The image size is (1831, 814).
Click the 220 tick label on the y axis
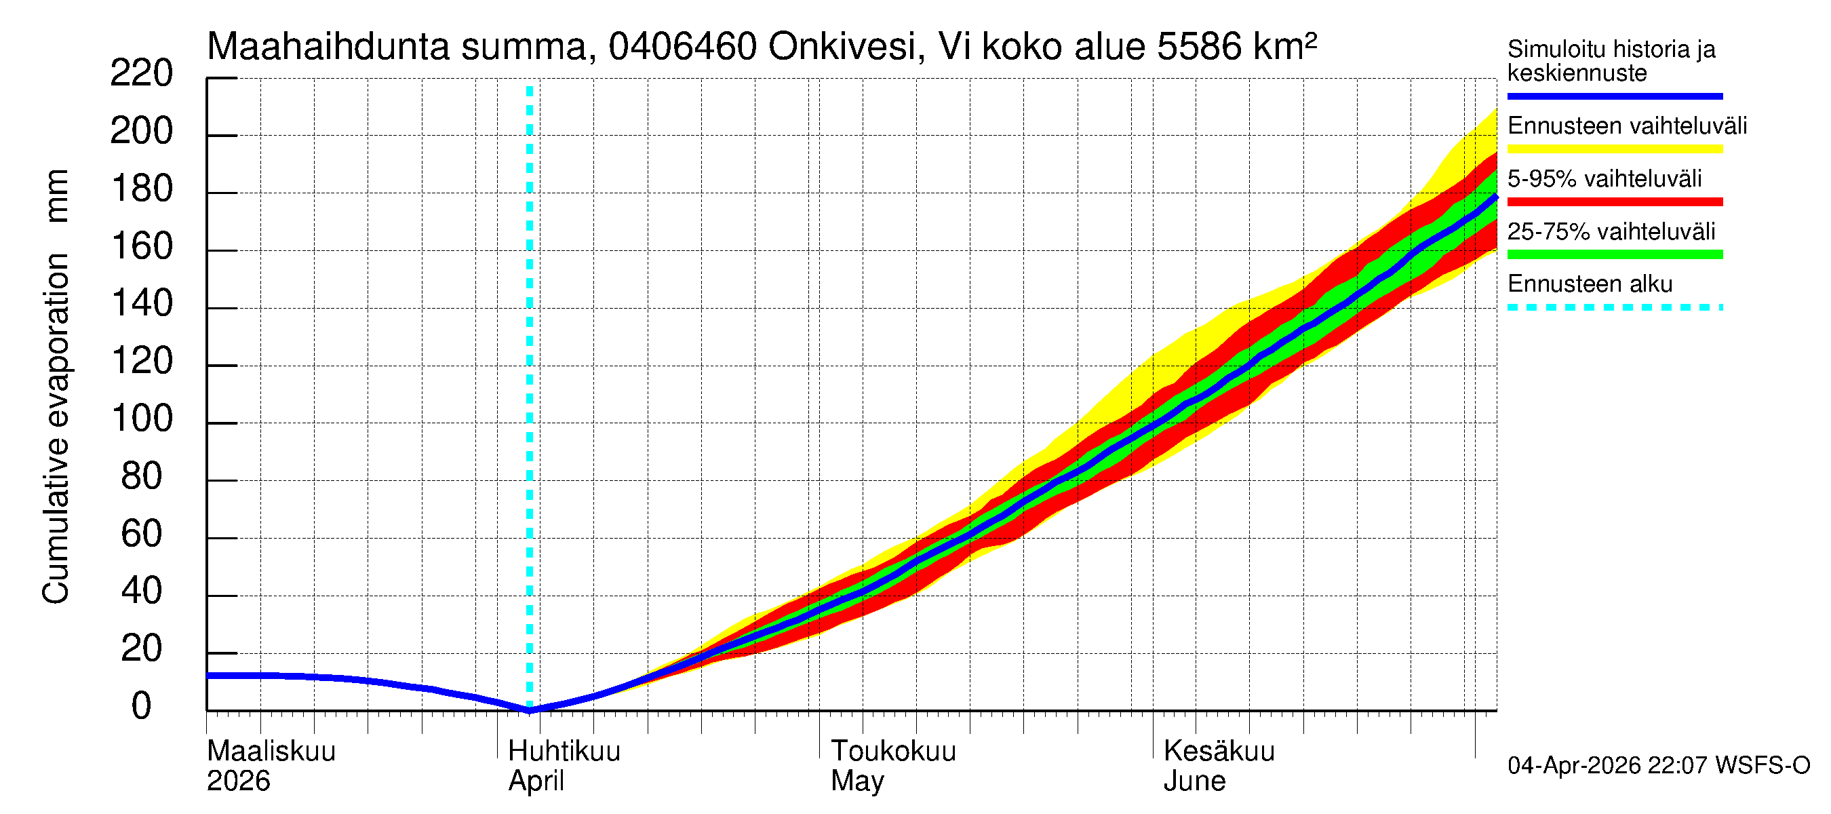point(141,73)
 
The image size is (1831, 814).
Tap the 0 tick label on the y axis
point(142,706)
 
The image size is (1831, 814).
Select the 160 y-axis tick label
point(142,246)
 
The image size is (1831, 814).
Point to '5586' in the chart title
point(1198,47)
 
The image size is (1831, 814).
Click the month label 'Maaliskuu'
point(271,751)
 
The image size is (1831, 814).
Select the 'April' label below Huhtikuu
point(536,781)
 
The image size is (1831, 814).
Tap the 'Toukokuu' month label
point(894,751)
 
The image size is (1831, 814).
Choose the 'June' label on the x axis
point(1194,781)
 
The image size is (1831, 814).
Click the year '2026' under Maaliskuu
point(238,781)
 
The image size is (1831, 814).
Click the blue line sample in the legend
point(1614,96)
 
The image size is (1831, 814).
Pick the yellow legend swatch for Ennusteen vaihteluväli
point(1614,149)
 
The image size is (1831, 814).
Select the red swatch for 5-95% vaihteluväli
point(1614,202)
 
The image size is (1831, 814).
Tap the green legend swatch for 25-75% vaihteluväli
point(1614,254)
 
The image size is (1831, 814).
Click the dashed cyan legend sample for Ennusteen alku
point(1614,308)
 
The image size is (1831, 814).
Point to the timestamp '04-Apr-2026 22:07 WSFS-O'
point(1658,766)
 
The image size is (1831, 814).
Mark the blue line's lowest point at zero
point(530,710)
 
